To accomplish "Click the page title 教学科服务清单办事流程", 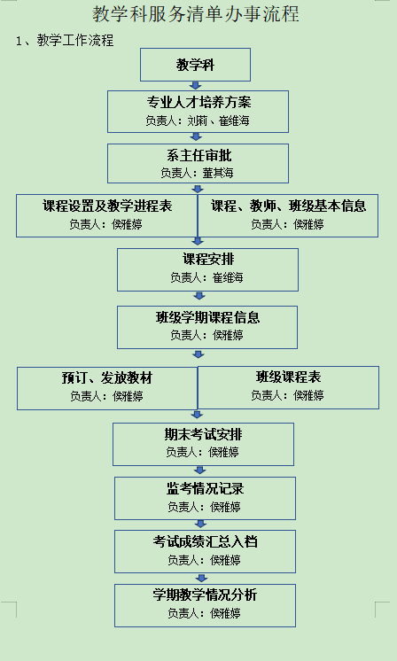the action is (196, 14).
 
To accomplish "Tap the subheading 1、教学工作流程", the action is (65, 41).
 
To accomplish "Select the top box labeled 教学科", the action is (195, 65).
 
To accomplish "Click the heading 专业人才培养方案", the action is (198, 103).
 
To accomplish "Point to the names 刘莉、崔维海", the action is (218, 121).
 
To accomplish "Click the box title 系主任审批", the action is (198, 156).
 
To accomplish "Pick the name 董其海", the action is (218, 174).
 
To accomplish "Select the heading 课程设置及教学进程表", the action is (107, 206).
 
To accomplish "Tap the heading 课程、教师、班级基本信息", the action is (289, 206).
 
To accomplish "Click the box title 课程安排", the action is (208, 260).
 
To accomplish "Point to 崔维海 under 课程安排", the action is (228, 277).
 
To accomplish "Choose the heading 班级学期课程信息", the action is (207, 317).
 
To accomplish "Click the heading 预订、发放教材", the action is (107, 378).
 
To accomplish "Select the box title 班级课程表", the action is (289, 377).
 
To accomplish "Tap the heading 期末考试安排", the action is (204, 435).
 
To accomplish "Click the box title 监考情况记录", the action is (206, 489).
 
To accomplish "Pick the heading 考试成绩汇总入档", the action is (206, 541).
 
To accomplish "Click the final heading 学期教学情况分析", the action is (206, 595).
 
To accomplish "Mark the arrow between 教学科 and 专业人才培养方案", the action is (196, 86).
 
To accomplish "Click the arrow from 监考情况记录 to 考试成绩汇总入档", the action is (200, 525).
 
